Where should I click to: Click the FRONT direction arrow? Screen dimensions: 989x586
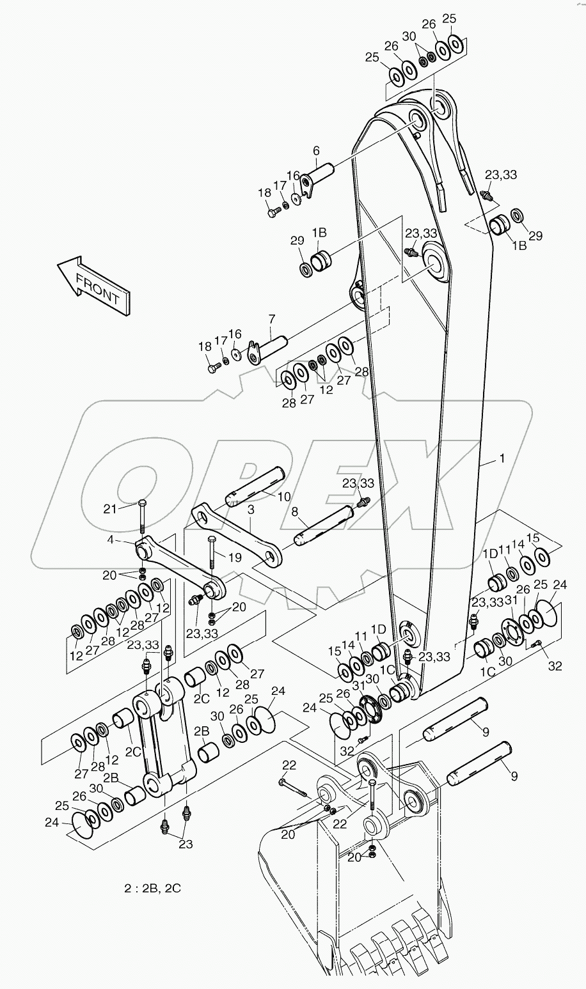[93, 286]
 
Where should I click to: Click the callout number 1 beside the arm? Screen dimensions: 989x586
[502, 458]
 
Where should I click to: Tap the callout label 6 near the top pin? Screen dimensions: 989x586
[315, 151]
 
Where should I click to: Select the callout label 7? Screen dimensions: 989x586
[271, 318]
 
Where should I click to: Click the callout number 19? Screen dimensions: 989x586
[235, 557]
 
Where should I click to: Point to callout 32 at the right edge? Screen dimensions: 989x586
[554, 666]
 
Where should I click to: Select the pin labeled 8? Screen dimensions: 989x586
[323, 522]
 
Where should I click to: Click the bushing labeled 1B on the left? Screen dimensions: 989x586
[322, 260]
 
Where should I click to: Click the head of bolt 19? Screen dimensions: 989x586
[210, 539]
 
